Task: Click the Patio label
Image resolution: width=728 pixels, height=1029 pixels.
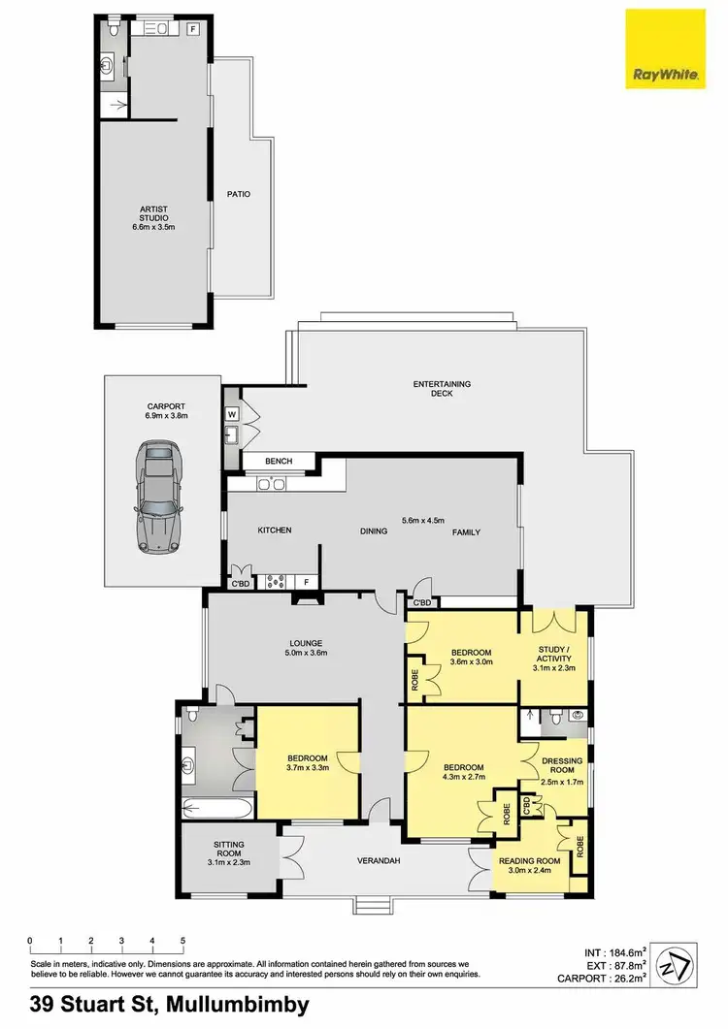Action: point(239,194)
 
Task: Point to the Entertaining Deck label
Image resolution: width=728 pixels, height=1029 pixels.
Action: point(442,390)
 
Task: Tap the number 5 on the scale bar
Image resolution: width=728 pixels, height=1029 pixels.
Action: point(182,941)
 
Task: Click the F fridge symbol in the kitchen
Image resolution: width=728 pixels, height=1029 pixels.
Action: point(307,582)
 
